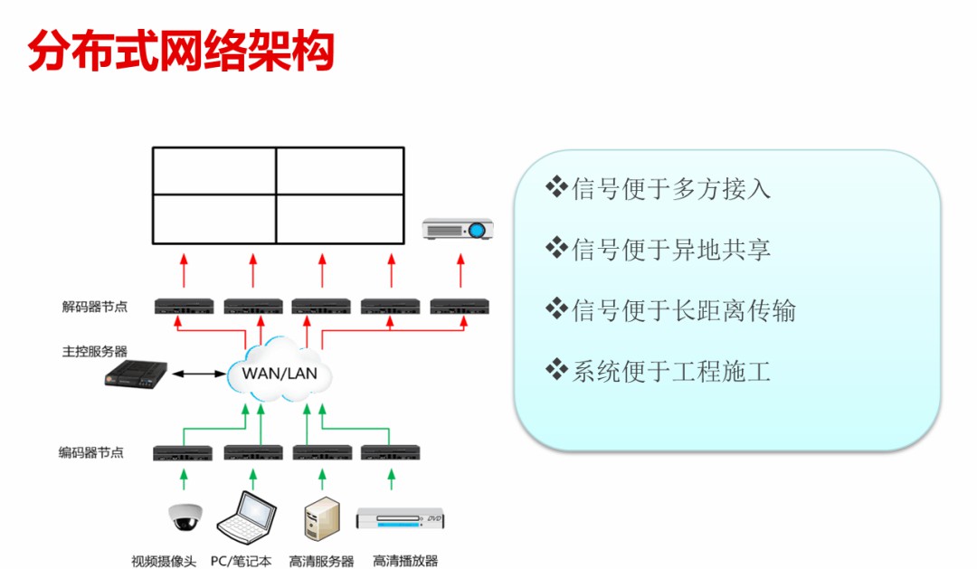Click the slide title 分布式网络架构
181,52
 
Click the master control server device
136,374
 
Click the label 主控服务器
95,351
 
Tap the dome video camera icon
183,516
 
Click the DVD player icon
402,518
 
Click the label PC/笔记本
241,561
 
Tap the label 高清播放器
405,561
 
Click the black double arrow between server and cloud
200,373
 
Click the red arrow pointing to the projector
460,270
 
